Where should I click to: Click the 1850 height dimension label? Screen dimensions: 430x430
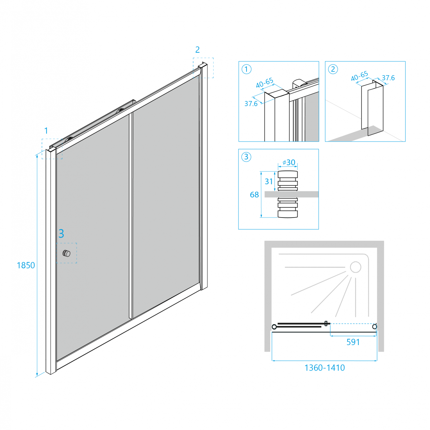[26, 266]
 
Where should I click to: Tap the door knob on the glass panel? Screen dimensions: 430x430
[67, 253]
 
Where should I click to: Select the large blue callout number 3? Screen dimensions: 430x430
[61, 234]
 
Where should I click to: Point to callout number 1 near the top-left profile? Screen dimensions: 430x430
[46, 131]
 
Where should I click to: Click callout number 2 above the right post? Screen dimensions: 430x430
[197, 50]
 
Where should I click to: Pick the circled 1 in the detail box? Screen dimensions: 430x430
[247, 69]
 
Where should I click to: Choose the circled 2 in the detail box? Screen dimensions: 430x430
[333, 69]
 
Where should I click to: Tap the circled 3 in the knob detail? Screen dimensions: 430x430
[246, 157]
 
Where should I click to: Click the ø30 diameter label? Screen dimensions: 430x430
[289, 163]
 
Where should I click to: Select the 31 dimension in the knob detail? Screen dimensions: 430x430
[269, 181]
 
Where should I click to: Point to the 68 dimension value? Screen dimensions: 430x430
[254, 195]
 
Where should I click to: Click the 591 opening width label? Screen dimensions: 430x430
[353, 343]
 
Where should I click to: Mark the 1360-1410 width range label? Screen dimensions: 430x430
[325, 368]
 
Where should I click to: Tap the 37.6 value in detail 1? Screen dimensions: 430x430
[251, 104]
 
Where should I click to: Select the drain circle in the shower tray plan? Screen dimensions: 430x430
[355, 267]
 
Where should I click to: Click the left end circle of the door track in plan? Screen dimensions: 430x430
[274, 327]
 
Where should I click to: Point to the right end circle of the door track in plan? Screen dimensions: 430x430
[375, 326]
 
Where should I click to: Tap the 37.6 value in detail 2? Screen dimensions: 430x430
[388, 78]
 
